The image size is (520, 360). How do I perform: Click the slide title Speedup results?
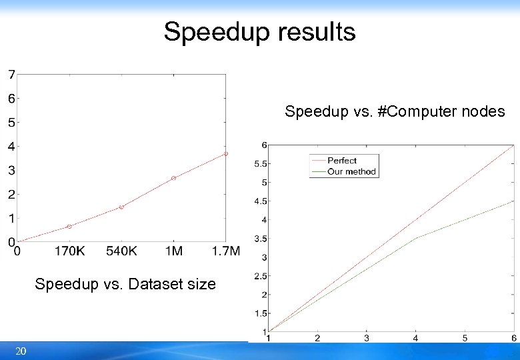259,31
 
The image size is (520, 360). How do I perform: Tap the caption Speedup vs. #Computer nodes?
395,111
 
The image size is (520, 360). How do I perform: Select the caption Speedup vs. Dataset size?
125,284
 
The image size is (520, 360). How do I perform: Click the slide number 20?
21,351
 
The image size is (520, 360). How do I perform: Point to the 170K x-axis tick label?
69,251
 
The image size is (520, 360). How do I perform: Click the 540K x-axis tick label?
121,251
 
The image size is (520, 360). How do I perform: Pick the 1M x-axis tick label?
173,251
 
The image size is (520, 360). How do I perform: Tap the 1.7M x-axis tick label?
225,251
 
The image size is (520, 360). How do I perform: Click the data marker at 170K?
69,227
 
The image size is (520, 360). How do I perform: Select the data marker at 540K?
121,207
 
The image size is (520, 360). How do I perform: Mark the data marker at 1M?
173,178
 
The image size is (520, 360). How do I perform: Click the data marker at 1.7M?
225,154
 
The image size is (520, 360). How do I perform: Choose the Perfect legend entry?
342,161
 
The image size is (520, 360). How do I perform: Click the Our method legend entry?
351,171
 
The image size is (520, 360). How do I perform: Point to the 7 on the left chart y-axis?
11,74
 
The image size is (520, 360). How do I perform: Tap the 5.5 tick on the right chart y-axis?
260,163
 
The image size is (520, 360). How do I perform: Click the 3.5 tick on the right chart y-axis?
260,239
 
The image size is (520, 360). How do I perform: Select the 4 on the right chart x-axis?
416,338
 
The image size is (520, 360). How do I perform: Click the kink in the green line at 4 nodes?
416,238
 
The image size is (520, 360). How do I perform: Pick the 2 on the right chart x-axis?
317,338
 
